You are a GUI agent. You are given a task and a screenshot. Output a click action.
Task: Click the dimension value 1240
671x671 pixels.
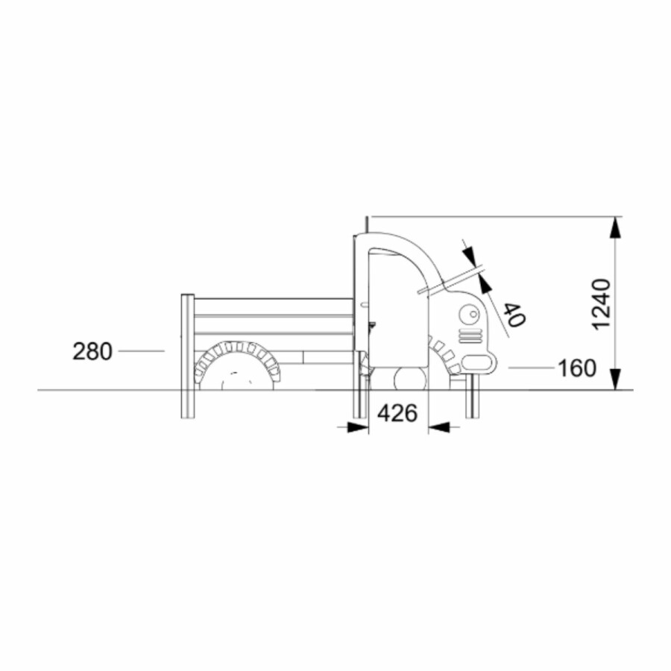[601, 304]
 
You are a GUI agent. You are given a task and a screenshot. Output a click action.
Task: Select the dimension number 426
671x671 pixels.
[397, 413]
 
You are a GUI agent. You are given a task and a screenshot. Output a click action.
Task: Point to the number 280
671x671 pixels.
[92, 351]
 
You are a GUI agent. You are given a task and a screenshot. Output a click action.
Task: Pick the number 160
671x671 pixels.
[577, 368]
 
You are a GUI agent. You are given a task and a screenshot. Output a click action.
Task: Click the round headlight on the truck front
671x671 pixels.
[470, 315]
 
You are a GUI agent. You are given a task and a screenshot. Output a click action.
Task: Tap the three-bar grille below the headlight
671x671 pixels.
[470, 336]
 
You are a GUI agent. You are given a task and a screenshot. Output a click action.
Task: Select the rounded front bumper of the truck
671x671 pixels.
[479, 363]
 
